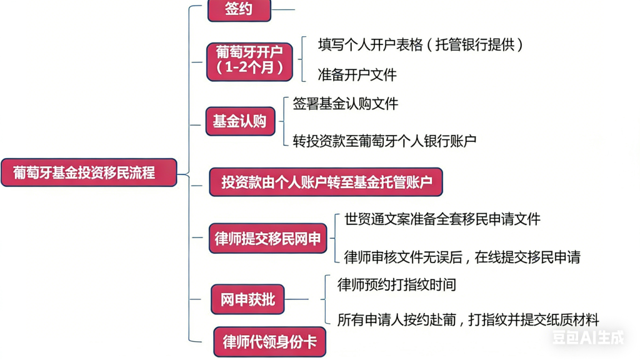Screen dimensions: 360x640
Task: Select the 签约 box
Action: [239, 10]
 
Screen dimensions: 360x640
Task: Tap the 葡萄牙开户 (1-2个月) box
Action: [249, 61]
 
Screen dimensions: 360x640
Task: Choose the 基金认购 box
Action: [240, 121]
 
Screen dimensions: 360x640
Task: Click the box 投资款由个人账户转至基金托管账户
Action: [326, 182]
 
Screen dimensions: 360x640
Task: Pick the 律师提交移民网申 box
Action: [267, 238]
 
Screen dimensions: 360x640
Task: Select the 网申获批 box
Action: [247, 299]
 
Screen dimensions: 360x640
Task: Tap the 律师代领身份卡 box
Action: [269, 342]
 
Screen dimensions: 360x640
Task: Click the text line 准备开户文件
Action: [357, 75]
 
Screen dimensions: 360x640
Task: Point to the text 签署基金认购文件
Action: [345, 104]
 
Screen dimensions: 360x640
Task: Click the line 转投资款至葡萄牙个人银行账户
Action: [384, 141]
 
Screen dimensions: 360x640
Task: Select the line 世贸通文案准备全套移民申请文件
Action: [442, 219]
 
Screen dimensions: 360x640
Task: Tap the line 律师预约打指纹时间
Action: [396, 285]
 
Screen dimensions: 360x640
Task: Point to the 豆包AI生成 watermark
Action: [587, 338]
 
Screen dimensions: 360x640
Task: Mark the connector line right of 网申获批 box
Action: [297, 299]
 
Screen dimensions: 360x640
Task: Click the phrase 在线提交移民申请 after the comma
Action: [527, 257]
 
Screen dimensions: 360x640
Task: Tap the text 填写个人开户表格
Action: [368, 45]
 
